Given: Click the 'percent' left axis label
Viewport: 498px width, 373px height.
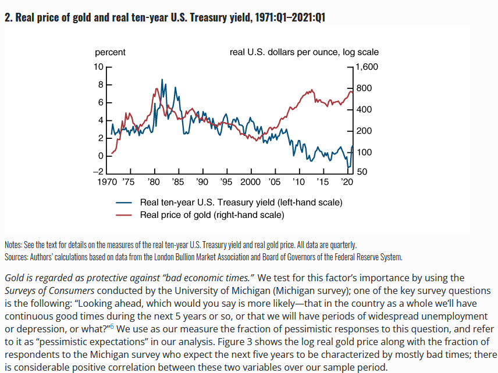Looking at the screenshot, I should (x=111, y=52).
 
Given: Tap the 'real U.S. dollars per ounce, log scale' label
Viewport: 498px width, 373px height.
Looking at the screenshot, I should (x=304, y=52).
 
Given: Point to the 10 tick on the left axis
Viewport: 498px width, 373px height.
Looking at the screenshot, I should (x=98, y=67).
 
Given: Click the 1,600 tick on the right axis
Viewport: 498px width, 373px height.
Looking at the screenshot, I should (x=367, y=67).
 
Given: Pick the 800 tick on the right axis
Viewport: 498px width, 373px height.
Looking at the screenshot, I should (x=364, y=88).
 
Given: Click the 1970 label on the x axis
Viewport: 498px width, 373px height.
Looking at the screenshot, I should (x=106, y=182).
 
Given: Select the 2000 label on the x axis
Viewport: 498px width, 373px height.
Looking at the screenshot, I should (x=250, y=182).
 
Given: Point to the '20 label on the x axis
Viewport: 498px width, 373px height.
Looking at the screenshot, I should (x=347, y=182).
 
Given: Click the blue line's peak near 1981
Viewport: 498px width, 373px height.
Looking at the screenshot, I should (x=161, y=80).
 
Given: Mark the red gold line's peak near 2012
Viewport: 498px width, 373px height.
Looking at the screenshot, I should (x=312, y=90).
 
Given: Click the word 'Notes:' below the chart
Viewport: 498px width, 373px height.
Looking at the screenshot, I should (x=13, y=245).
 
